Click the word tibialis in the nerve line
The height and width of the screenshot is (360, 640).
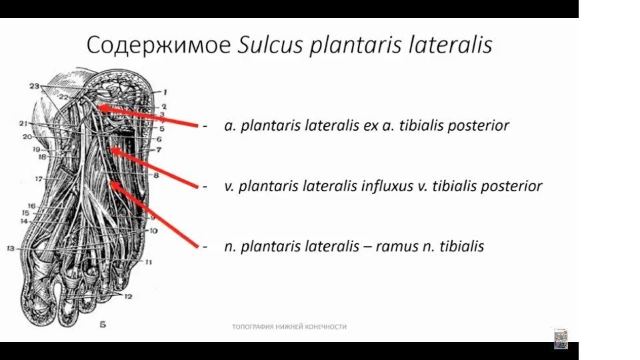[x=461, y=247]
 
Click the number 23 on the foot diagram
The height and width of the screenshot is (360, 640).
[x=34, y=87]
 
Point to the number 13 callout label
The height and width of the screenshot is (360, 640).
[x=11, y=249]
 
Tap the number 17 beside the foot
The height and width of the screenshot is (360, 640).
[x=39, y=179]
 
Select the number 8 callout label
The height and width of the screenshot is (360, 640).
[x=156, y=175]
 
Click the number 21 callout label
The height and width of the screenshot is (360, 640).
[x=23, y=124]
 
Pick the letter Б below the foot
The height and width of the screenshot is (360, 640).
[x=102, y=325]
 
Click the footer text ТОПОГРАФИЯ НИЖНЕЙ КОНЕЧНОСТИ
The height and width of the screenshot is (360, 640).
[x=289, y=327]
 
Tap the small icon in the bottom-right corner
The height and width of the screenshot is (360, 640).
[x=561, y=338]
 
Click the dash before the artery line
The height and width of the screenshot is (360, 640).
[x=205, y=125]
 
